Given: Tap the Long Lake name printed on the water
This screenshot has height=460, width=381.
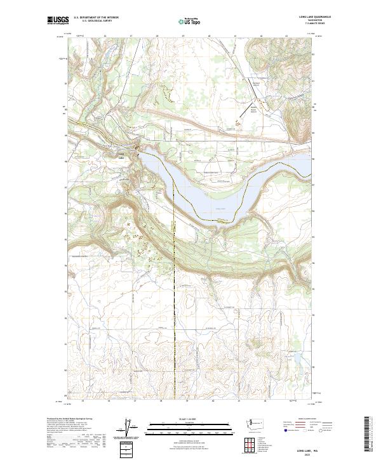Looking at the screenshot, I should pos(220,207).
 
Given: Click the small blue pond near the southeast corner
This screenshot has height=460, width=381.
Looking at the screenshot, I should pos(297,359).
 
